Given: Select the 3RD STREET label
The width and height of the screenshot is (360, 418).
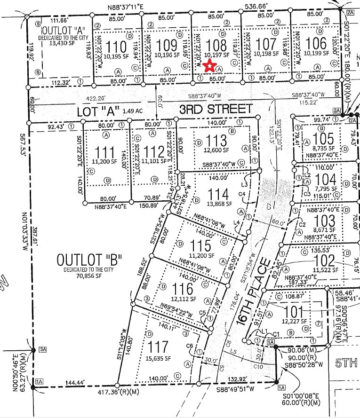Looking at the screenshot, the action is pos(215,109).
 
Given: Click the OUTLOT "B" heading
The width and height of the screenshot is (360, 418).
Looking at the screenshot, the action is pos(89,260).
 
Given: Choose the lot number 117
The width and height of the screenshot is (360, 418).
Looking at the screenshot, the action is pos(158,347).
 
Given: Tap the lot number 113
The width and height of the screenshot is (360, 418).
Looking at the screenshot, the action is pos(216,142).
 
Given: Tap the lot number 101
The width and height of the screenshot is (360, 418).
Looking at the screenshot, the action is pos(295,312).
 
